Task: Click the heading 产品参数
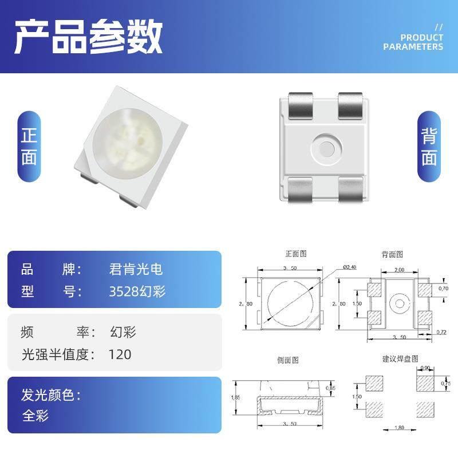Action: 88,37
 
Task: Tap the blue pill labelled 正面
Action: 29,147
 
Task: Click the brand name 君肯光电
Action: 136,269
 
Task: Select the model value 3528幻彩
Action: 137,291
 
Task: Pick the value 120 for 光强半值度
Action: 120,354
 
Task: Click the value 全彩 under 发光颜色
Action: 35,416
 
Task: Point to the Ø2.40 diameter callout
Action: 350,267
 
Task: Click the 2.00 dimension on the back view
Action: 398,270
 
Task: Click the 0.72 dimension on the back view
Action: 441,332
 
